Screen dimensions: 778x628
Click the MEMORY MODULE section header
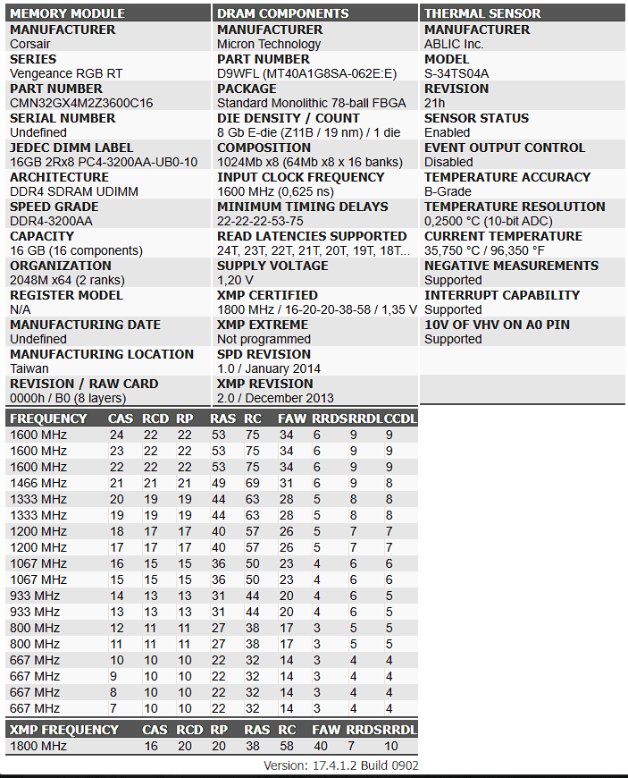pos(67,13)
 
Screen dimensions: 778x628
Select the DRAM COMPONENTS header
pos(282,13)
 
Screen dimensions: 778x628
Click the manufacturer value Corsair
pos(30,44)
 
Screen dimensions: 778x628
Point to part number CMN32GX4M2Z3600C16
pos(81,103)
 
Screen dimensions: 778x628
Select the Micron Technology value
pos(269,44)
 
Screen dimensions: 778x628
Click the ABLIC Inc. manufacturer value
pos(454,44)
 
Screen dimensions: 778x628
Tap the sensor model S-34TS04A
pos(456,73)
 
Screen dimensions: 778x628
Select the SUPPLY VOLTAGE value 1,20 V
pos(235,280)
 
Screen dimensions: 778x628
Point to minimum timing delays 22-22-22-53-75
pos(260,221)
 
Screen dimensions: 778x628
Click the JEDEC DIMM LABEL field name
pos(71,148)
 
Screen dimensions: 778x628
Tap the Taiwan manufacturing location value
pos(29,368)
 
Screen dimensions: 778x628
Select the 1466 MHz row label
pos(38,483)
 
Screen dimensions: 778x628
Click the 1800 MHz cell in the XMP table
pos(38,746)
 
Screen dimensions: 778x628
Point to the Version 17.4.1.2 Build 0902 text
pos(340,765)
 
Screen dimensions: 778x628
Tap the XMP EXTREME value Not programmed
pos(264,339)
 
